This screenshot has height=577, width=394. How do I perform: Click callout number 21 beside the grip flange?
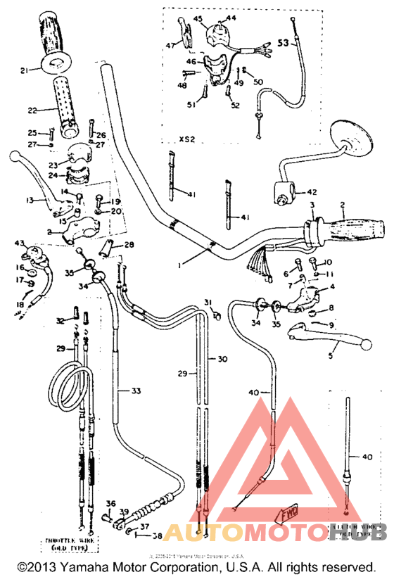25,70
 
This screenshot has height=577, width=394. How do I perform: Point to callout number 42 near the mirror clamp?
311,191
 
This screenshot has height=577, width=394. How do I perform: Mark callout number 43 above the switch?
19,243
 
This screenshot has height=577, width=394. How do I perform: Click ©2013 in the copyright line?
34,566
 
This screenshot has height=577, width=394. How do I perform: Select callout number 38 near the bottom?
158,535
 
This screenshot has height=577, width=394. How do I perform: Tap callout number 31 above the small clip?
208,302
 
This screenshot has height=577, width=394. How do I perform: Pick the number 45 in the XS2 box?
198,18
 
